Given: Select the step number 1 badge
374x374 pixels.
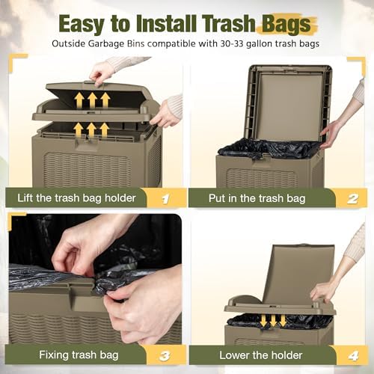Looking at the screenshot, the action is [165, 199].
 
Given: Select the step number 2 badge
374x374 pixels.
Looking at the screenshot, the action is [352, 199].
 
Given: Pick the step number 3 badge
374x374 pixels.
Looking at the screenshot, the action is [165, 356].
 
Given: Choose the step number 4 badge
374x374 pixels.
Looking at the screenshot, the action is [353, 356].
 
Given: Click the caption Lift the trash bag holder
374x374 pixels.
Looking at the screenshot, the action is [76, 198].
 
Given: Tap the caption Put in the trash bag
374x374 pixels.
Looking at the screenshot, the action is [257, 198].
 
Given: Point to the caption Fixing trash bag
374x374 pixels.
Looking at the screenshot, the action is [79, 355].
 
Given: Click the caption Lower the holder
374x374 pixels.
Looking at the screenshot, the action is [261, 355].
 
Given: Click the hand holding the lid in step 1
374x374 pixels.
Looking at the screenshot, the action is [103, 73].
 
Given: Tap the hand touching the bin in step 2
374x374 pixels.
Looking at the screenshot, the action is [331, 135].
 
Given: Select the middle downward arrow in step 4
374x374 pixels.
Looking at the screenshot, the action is [273, 320].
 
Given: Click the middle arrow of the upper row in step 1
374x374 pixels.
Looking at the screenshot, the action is [92, 100].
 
